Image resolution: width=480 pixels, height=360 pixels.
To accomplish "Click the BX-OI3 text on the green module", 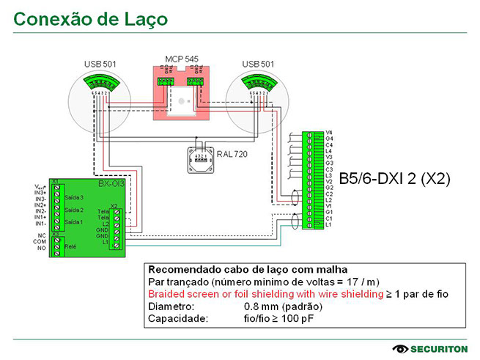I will pos(111,183).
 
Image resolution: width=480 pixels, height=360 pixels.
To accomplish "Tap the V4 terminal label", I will pos(329,132).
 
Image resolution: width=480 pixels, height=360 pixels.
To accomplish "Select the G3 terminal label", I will pos(329,163).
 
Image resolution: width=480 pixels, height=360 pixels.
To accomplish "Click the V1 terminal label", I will pos(329,206).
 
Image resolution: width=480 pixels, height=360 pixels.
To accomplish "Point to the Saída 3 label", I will pos(74,197).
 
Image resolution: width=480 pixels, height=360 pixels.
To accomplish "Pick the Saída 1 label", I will pos(74,221).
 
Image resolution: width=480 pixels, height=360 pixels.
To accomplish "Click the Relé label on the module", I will pos(71,247).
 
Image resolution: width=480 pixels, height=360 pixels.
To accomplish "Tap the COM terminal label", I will pos(41,242).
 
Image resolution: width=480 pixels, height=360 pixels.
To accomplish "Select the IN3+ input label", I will pos(41,193).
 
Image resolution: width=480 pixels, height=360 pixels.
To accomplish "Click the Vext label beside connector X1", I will pos(41,186).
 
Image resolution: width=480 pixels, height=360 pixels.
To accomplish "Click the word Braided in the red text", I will pos(167,293).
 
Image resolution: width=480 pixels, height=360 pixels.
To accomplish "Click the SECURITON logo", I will pos(428,348).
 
